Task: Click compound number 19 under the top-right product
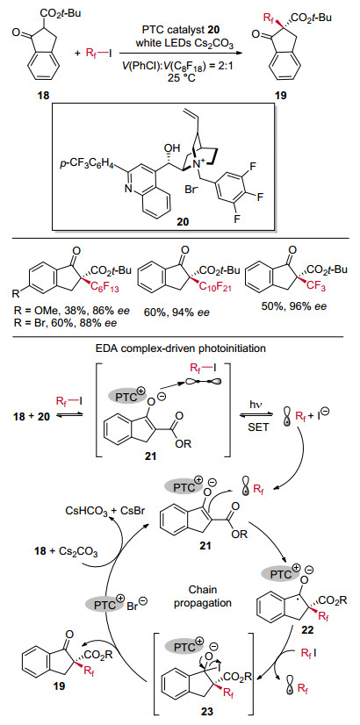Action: coord(279,96)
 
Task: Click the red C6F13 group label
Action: coord(109,290)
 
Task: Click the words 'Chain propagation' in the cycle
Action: coord(208,598)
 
